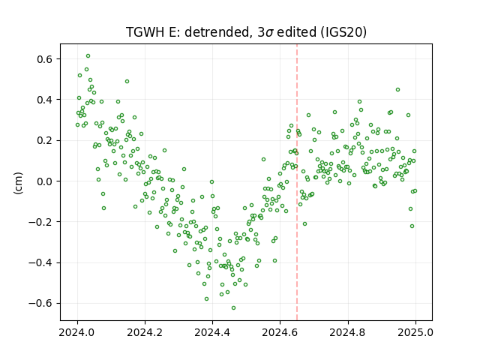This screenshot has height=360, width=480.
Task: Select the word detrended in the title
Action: point(218,32)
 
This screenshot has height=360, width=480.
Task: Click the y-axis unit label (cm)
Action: point(18,183)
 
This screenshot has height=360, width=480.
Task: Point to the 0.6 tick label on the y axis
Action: point(44,58)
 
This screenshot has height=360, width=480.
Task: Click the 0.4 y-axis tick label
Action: point(44,100)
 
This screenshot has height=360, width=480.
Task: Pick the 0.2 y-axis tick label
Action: point(44,140)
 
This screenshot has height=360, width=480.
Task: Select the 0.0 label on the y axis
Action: point(44,181)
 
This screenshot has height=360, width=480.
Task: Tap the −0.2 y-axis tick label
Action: point(40,222)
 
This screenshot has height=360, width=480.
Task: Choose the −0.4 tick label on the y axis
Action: point(40,262)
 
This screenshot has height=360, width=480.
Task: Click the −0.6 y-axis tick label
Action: point(40,303)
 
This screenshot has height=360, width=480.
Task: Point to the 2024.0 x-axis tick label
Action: point(77,332)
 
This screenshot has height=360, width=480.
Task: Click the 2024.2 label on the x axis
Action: point(145,332)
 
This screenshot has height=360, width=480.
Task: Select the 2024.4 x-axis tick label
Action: point(212,332)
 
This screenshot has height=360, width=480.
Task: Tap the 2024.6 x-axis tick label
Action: point(280,332)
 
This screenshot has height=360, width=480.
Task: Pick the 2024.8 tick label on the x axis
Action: point(348,332)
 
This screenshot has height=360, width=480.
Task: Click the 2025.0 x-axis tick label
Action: point(415,332)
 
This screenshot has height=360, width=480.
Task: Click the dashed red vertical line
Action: point(297,182)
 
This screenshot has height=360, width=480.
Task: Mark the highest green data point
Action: point(88,56)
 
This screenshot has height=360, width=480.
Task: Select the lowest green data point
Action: point(233,308)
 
